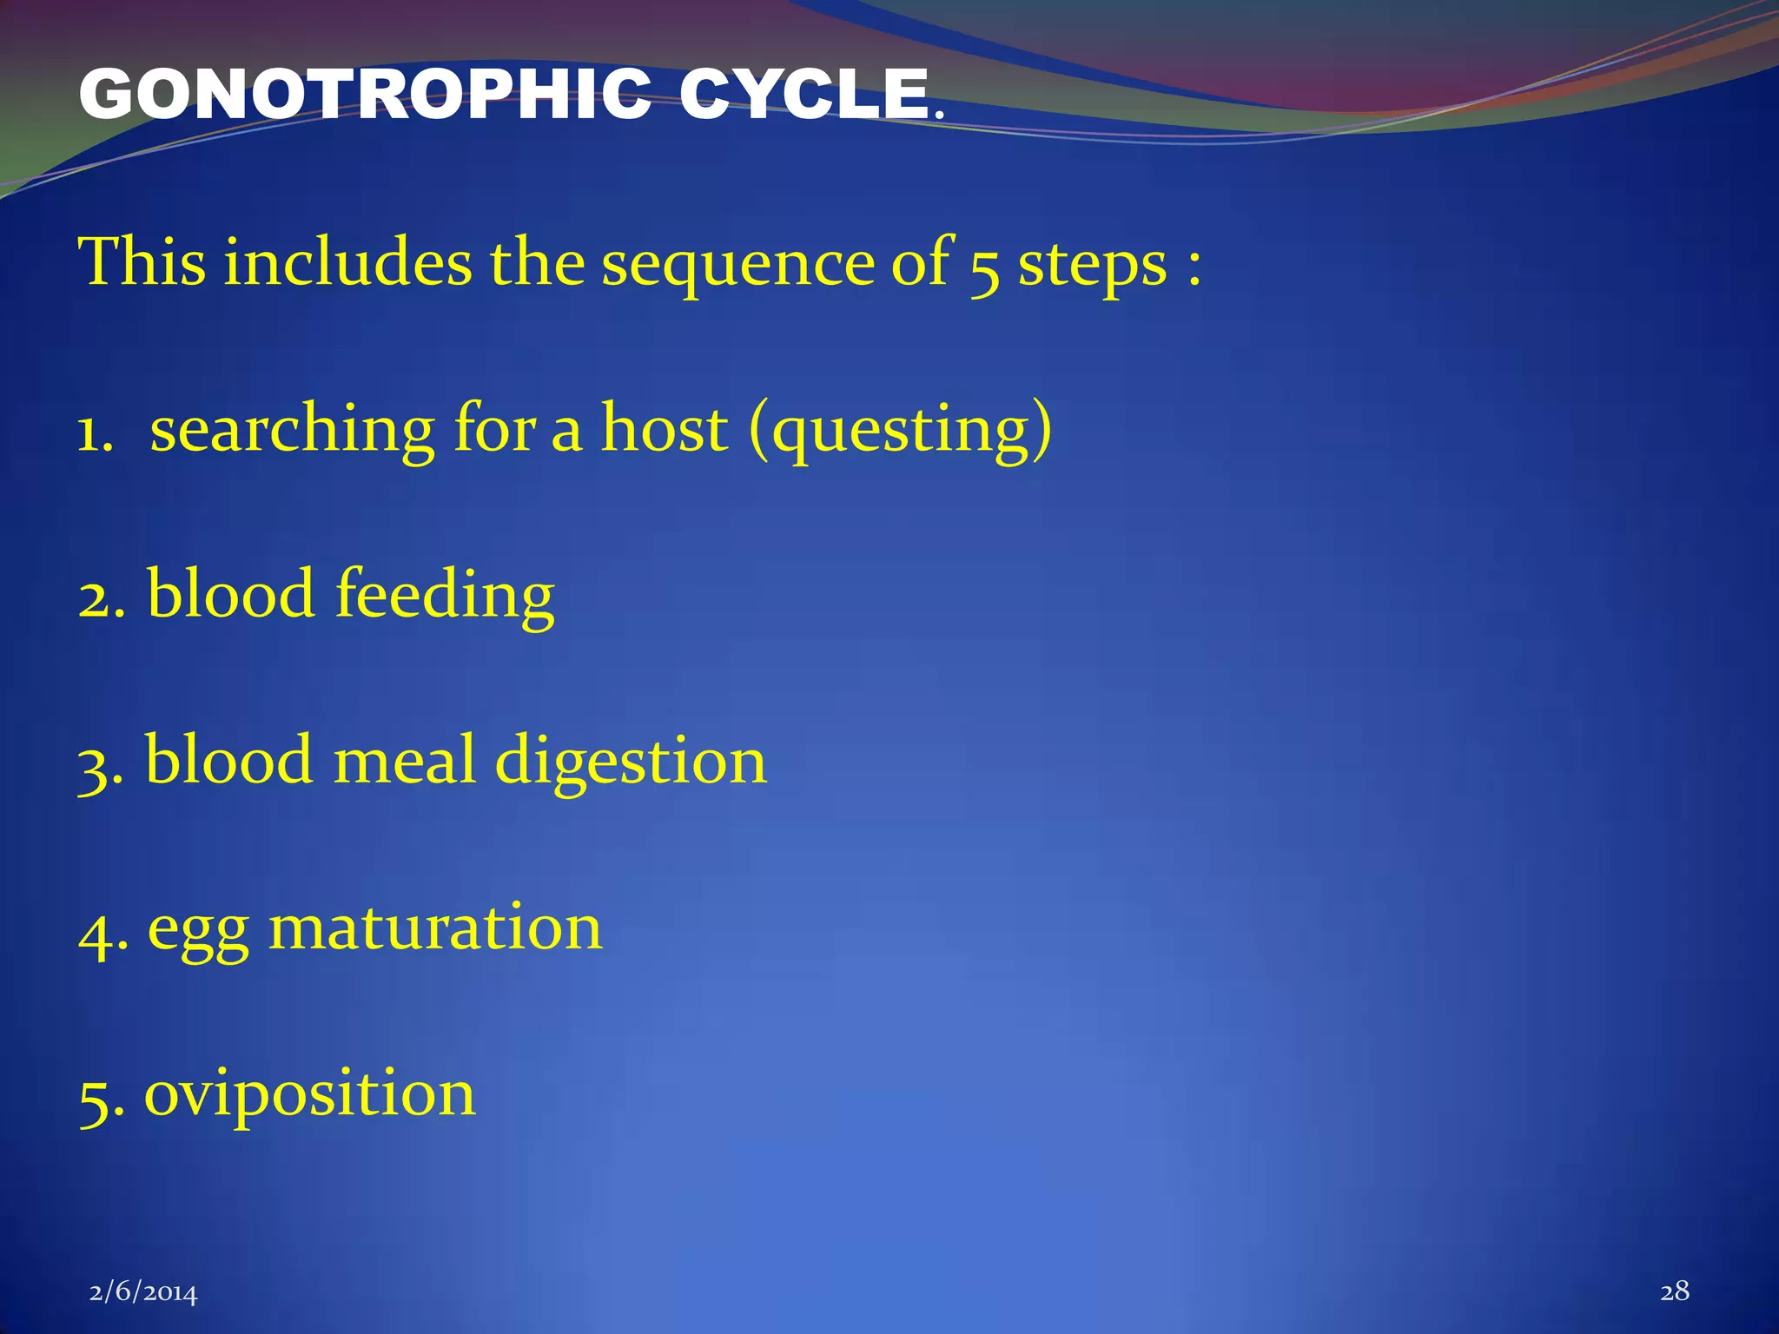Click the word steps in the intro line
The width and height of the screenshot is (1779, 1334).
pos(1092,265)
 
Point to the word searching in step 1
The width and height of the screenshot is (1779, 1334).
pos(292,431)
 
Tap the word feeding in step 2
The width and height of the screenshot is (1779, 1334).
pos(445,596)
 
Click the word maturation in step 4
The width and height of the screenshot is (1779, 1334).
pos(435,928)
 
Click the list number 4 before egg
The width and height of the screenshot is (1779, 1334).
pos(96,933)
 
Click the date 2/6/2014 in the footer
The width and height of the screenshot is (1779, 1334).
pos(143,1293)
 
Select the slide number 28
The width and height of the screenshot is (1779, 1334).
pos(1674,1291)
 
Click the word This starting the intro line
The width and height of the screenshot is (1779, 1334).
pos(142,262)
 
